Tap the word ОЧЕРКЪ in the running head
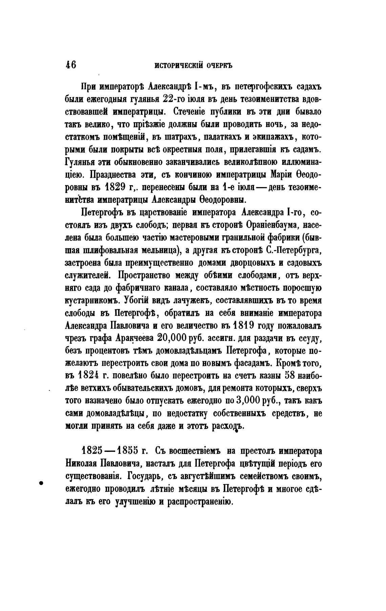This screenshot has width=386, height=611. (x=219, y=65)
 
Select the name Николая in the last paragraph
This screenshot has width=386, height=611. (x=81, y=464)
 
